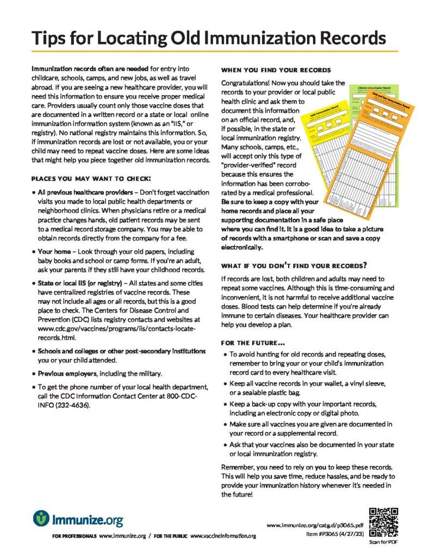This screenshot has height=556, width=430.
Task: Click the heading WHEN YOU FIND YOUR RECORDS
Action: (x=276, y=71)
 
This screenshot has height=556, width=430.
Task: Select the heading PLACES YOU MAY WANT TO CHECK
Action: (x=91, y=179)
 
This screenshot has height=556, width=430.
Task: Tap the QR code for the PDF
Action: (x=384, y=522)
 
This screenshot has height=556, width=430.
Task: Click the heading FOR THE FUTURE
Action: (x=252, y=343)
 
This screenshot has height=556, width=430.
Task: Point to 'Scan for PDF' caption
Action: (x=384, y=542)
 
